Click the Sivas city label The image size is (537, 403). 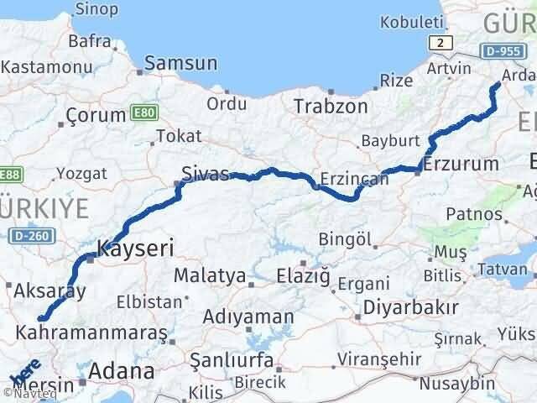[x=206, y=174]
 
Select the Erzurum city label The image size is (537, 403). [x=461, y=163]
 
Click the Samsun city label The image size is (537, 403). [x=181, y=63]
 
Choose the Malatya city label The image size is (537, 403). [x=210, y=275]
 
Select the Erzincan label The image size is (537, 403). [x=354, y=178]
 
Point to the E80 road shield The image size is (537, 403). [x=142, y=111]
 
